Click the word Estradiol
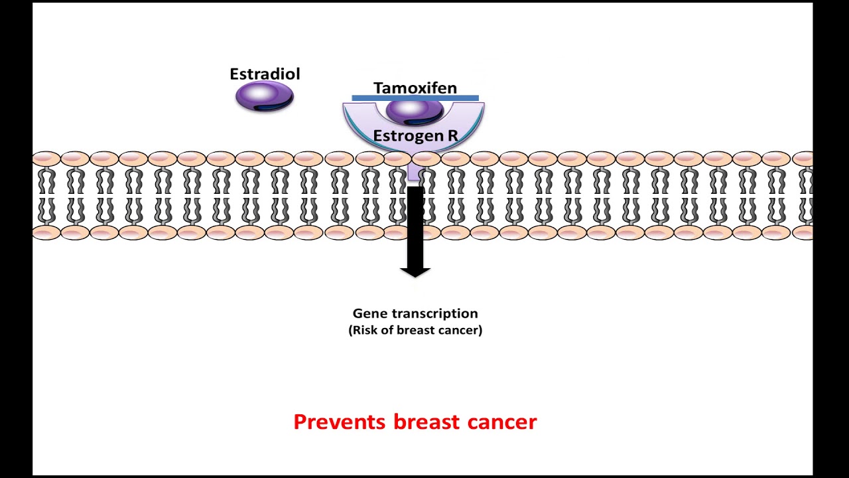point(265,74)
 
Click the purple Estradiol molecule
point(265,97)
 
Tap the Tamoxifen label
point(415,88)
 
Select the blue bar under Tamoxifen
point(415,98)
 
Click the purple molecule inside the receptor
point(415,111)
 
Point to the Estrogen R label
point(415,136)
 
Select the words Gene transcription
point(415,313)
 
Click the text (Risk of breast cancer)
point(415,330)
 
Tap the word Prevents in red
point(340,422)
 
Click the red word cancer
point(502,422)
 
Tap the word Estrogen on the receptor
point(407,136)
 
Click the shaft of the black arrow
point(415,226)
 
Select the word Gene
point(368,313)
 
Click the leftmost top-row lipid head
point(46,159)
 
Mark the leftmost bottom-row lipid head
point(46,232)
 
